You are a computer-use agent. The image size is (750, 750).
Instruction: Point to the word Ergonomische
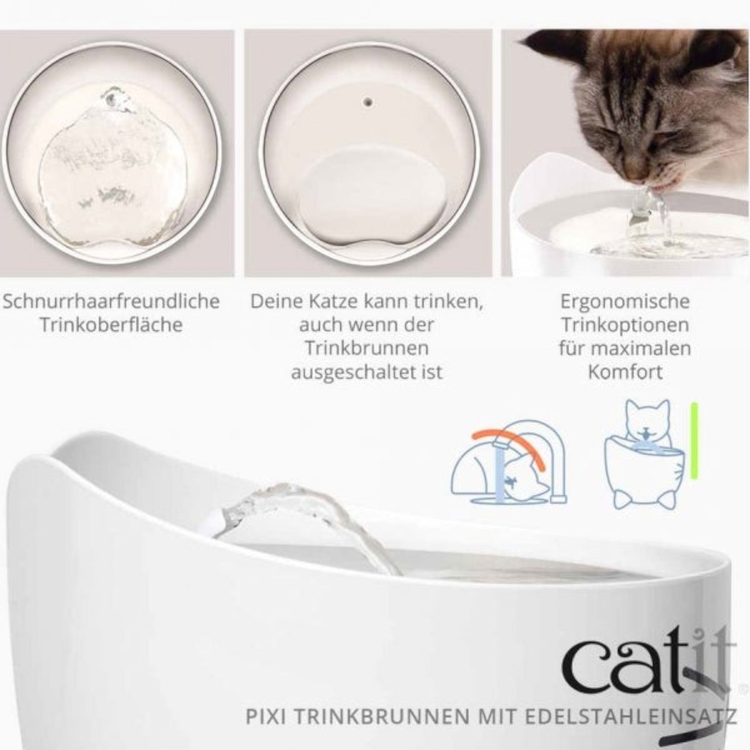[x=625, y=301]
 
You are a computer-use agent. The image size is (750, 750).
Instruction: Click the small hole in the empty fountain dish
[x=368, y=103]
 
